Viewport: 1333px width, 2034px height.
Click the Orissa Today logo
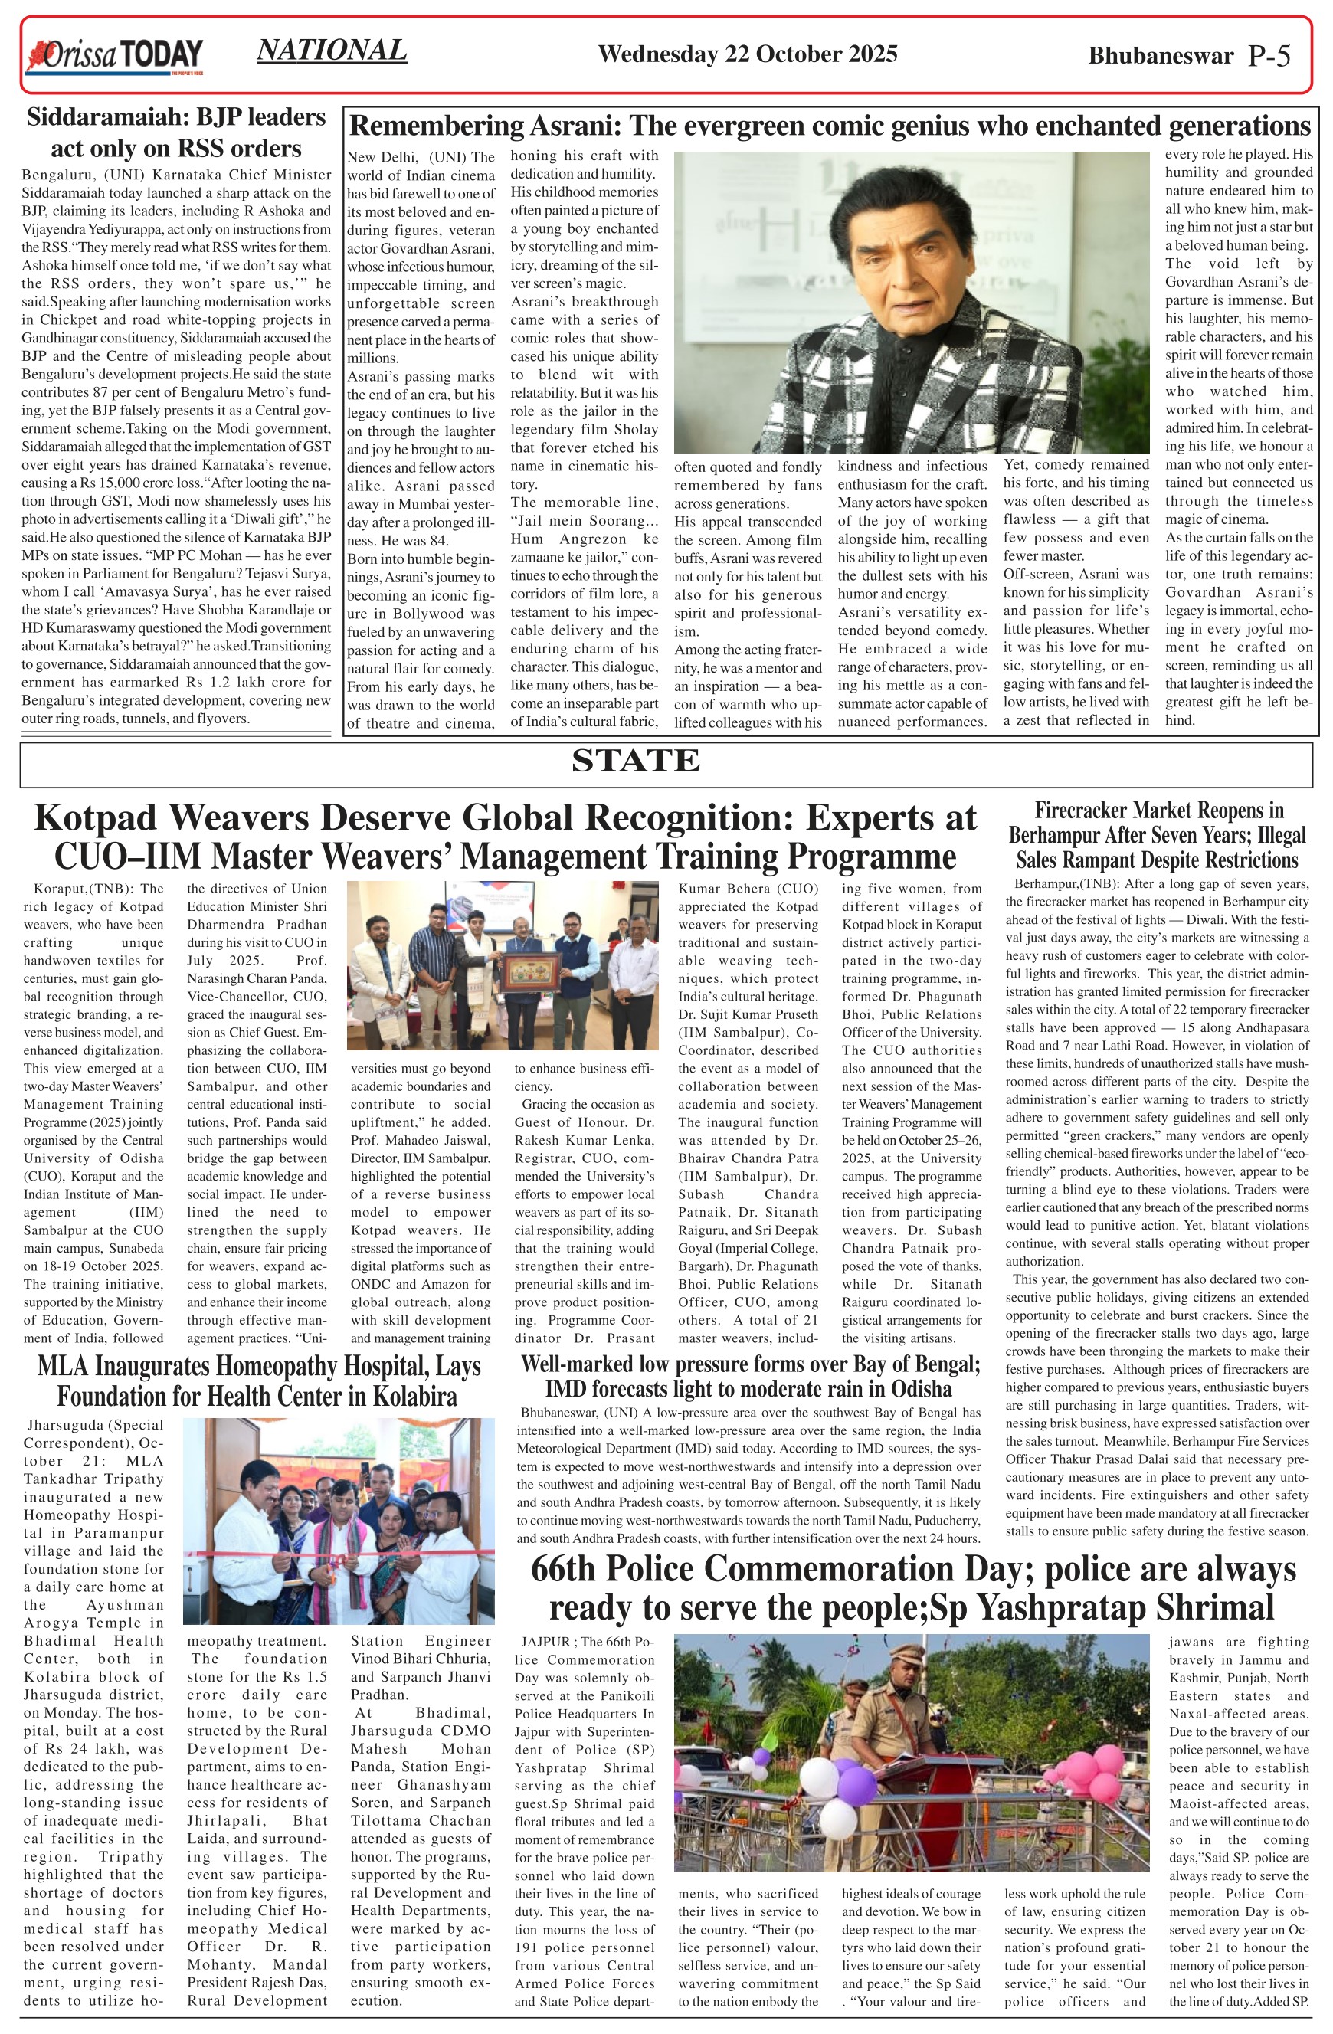[114, 57]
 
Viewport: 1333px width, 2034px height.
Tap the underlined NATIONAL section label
[332, 51]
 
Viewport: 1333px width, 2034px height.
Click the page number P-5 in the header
[1269, 57]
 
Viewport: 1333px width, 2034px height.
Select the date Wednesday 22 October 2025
[747, 54]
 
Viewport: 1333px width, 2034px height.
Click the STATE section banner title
[635, 760]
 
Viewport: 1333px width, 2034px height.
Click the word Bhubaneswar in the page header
[1161, 57]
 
